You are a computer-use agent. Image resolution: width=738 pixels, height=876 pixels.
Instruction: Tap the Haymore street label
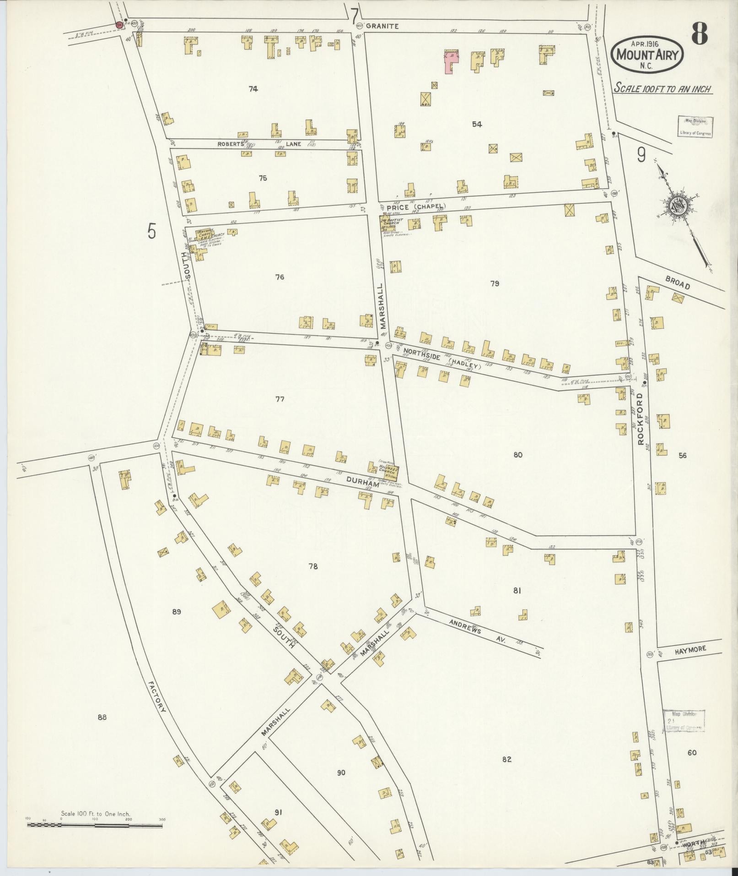[690, 649]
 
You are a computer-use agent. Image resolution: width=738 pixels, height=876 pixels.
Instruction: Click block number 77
[280, 399]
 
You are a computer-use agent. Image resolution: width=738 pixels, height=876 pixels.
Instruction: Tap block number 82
[506, 760]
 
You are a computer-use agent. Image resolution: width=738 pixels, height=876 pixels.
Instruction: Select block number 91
[278, 812]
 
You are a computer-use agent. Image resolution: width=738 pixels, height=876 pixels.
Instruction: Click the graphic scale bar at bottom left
[95, 825]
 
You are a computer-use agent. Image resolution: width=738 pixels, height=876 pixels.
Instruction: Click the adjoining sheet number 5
[152, 232]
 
